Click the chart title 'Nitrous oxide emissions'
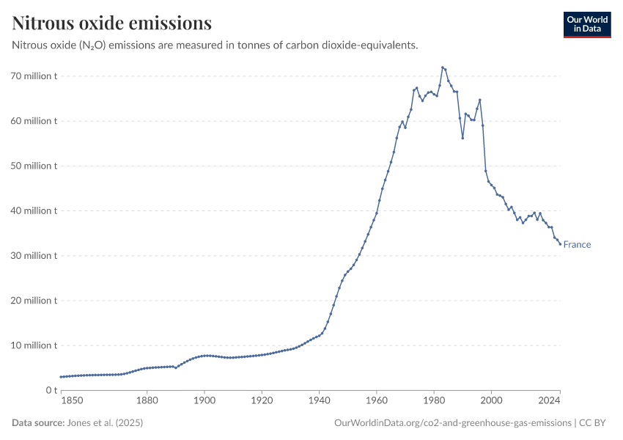[x=112, y=23]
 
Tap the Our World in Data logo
[x=586, y=24]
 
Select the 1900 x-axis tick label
[x=204, y=401]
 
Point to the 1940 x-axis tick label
[x=319, y=401]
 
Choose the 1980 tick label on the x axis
[x=434, y=401]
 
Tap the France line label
[x=577, y=245]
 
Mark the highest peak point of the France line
[x=442, y=67]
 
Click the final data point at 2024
[x=560, y=244]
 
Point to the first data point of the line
[x=61, y=377]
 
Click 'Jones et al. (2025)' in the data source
[x=104, y=423]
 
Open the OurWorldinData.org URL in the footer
[x=452, y=423]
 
